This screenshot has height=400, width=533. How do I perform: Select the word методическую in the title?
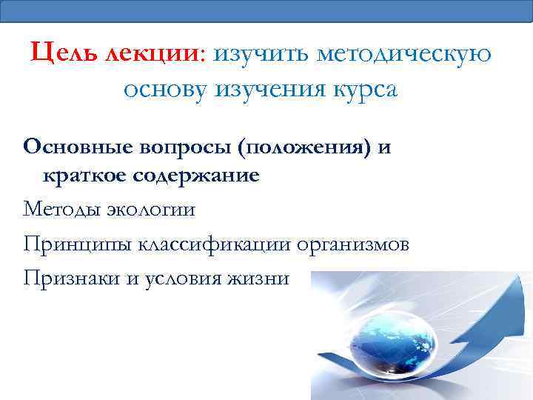403,54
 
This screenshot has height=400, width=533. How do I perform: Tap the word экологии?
150,210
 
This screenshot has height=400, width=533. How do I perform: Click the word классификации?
208,244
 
